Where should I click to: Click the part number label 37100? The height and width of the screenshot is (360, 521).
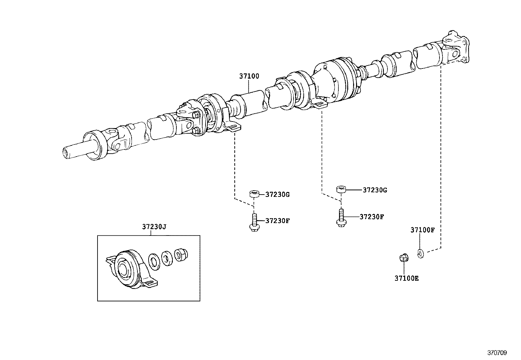[x=249, y=76]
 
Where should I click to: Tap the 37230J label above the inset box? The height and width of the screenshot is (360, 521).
[x=154, y=227]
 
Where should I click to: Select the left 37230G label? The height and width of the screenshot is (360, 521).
[x=278, y=195]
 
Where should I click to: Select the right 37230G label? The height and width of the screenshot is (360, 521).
[x=375, y=190]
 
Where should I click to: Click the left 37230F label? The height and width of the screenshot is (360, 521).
[x=278, y=220]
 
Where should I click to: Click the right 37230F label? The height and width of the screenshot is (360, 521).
[x=372, y=217]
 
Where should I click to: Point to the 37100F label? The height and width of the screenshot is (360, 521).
[x=422, y=230]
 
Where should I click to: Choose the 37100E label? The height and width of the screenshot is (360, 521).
[x=406, y=278]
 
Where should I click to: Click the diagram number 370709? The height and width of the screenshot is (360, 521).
[x=497, y=353]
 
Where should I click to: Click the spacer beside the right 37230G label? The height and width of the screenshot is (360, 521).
[x=341, y=189]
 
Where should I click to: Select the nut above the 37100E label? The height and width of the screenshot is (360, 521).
[x=404, y=258]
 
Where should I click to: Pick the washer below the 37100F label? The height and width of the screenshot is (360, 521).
[x=421, y=254]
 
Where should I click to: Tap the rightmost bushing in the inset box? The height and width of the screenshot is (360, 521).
[x=181, y=255]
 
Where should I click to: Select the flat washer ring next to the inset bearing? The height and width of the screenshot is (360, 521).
[x=154, y=262]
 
